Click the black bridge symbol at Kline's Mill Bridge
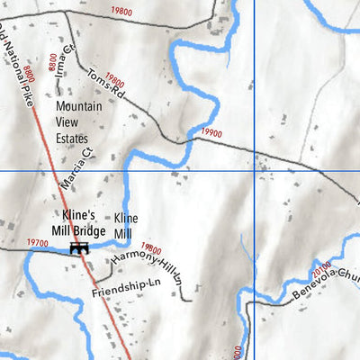(x=80, y=246)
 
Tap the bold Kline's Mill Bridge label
(x=84, y=223)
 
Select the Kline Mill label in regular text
(x=127, y=225)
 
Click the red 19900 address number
(x=212, y=133)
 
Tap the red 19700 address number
(x=38, y=243)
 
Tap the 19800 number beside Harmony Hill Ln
(x=152, y=250)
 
